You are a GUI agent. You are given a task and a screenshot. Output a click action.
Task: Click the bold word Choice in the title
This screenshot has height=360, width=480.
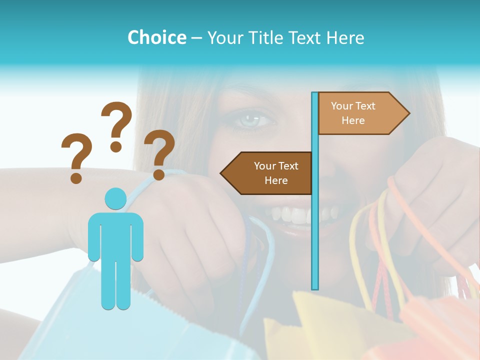click(156, 37)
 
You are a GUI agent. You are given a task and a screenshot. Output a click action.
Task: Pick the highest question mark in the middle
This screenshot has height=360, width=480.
click(116, 125)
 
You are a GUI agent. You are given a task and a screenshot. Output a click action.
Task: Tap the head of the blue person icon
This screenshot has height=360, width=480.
click(115, 199)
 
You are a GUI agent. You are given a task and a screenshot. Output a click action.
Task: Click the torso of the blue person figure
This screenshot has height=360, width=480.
click(115, 235)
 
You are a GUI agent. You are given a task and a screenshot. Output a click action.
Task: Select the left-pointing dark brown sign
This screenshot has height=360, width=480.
click(267, 173)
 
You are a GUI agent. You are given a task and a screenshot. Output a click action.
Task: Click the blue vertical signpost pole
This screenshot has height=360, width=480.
click(315, 200)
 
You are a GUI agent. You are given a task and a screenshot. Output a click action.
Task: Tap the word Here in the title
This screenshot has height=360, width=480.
click(345, 37)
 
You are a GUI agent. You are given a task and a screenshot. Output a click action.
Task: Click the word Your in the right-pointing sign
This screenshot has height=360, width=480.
click(342, 106)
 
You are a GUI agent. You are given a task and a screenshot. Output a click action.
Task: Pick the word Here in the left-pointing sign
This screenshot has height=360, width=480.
click(276, 180)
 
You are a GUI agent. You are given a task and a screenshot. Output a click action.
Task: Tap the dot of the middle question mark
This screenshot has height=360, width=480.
click(116, 146)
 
